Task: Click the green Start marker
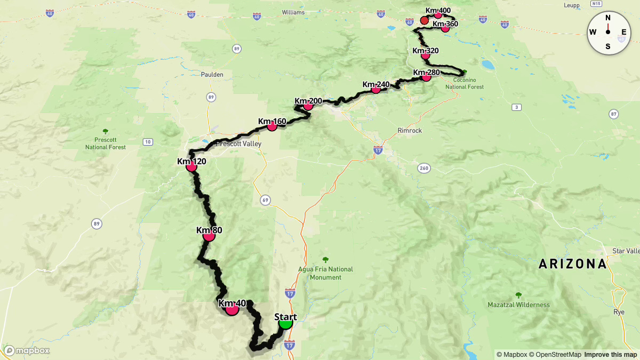tap(285, 323)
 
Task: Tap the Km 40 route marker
tap(231, 309)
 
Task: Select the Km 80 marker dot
tap(209, 235)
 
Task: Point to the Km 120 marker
tap(191, 166)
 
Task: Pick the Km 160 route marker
tap(272, 126)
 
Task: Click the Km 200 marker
tap(308, 106)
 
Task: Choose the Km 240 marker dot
tap(375, 89)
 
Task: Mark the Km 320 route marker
tap(425, 55)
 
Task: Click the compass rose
tap(608, 32)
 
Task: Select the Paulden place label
tap(212, 75)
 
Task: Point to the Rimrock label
tap(410, 130)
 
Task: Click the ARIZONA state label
tap(572, 263)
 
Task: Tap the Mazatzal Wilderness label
tap(518, 305)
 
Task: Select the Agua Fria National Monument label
tap(325, 273)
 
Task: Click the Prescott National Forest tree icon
tap(105, 131)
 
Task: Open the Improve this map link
tap(610, 355)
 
